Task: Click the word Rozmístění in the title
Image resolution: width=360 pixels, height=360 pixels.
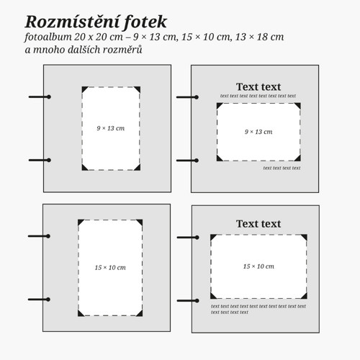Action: tap(72, 22)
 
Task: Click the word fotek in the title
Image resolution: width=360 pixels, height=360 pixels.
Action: tap(145, 22)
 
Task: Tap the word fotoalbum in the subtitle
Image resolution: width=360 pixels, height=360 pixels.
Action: tap(48, 37)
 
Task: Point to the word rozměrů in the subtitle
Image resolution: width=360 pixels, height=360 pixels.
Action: tap(122, 50)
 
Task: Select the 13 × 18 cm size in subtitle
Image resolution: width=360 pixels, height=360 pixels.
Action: tap(259, 37)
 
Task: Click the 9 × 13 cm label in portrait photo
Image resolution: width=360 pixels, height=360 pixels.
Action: tap(111, 128)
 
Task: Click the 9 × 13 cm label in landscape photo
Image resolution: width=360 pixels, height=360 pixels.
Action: tap(258, 132)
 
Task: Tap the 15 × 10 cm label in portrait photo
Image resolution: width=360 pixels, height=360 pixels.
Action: tap(110, 267)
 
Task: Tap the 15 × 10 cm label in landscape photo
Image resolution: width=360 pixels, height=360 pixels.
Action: tap(258, 266)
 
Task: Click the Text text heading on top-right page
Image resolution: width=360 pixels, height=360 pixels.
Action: tap(258, 86)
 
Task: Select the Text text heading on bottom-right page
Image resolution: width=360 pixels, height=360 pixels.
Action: tap(258, 224)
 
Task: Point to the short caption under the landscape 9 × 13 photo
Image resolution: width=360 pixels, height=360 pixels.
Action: tap(282, 168)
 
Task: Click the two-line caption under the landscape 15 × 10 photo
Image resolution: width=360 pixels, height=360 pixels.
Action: tap(258, 309)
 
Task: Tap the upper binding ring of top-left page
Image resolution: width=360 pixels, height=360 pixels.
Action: tap(40, 97)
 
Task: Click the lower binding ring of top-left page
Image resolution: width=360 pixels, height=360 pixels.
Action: tap(40, 160)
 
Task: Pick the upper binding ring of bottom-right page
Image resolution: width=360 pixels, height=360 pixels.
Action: tap(188, 238)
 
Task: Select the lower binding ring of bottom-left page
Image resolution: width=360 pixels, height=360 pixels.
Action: tap(39, 300)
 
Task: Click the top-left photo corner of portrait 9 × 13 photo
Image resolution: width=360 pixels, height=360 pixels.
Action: tap(84, 89)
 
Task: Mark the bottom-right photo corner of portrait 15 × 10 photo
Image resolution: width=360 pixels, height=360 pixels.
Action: tap(140, 313)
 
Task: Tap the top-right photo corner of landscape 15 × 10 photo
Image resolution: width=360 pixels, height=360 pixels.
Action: tap(305, 237)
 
